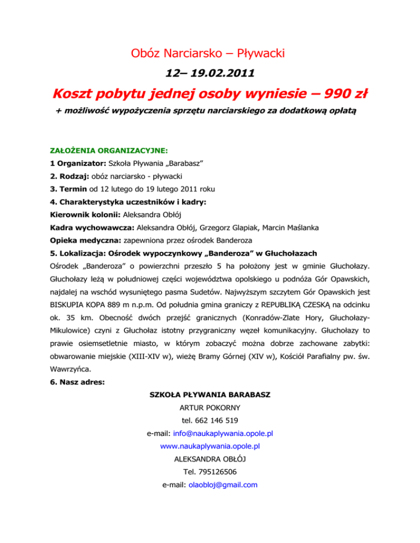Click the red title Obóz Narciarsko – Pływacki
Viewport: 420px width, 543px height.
209,53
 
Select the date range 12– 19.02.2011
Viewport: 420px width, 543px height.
209,73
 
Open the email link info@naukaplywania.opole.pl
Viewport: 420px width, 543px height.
223,434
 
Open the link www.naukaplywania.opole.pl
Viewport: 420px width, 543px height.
209,446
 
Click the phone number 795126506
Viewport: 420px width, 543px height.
217,471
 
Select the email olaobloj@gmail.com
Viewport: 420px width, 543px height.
222,484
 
